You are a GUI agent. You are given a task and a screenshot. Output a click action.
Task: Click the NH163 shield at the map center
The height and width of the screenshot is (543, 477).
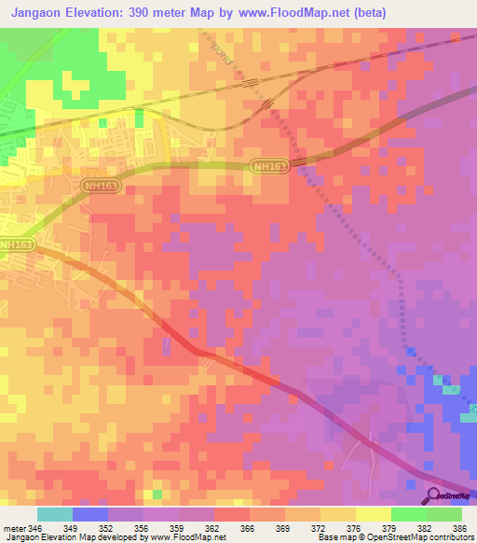pos(270,166)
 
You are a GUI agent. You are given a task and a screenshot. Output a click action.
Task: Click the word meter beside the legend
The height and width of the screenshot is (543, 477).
pos(12,528)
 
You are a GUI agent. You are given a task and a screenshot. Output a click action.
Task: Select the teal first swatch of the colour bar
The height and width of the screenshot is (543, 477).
pos(55,514)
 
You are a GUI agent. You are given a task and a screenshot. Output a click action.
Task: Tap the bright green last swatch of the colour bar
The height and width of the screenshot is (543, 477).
pos(444,514)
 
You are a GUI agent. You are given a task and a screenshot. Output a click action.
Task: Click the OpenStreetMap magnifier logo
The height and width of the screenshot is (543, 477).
pos(432,495)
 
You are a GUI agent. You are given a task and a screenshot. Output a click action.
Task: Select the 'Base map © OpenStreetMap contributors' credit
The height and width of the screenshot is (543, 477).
pos(395,537)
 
